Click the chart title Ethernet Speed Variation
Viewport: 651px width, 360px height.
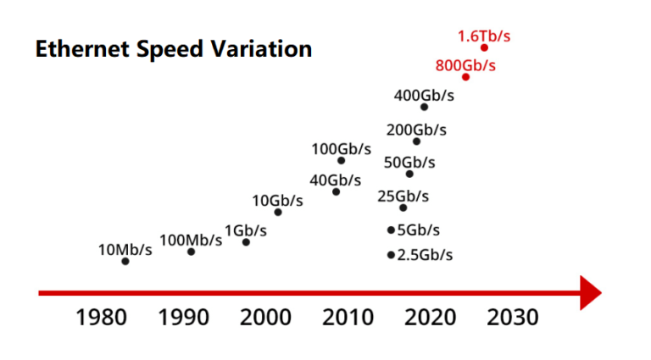tap(174, 49)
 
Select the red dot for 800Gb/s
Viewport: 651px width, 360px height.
tap(465, 77)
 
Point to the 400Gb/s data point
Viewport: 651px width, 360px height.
tap(424, 107)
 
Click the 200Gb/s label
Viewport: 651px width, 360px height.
tap(416, 130)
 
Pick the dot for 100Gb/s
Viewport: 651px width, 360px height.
tap(341, 160)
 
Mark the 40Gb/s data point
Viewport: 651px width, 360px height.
tap(336, 191)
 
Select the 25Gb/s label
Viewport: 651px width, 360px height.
tap(403, 197)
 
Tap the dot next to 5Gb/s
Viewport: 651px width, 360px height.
tap(391, 230)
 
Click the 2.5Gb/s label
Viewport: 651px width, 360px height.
tap(425, 255)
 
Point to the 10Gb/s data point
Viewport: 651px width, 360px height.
tap(278, 212)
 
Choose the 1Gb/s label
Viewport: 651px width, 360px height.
tap(246, 230)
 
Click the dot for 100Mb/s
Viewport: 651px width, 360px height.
tap(191, 252)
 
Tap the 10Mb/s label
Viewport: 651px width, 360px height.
tap(125, 249)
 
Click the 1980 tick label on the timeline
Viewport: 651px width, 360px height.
tap(103, 318)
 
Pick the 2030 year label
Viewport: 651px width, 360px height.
tap(513, 318)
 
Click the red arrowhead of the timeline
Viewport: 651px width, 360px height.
tap(590, 293)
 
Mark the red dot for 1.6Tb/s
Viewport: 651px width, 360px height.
tap(484, 47)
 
